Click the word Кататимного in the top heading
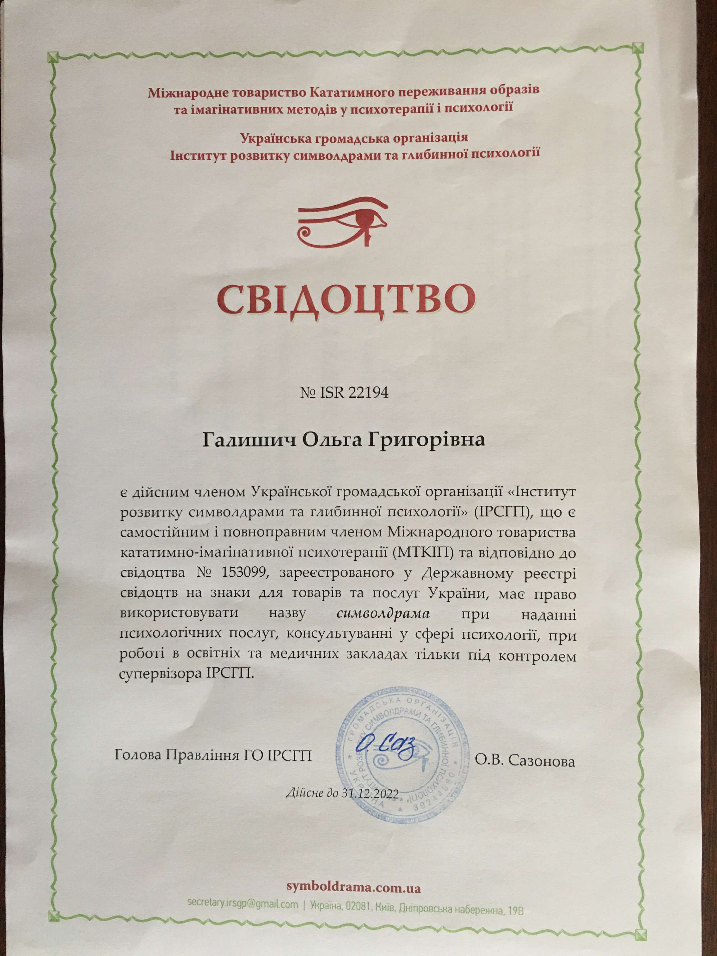pyautogui.click(x=354, y=92)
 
